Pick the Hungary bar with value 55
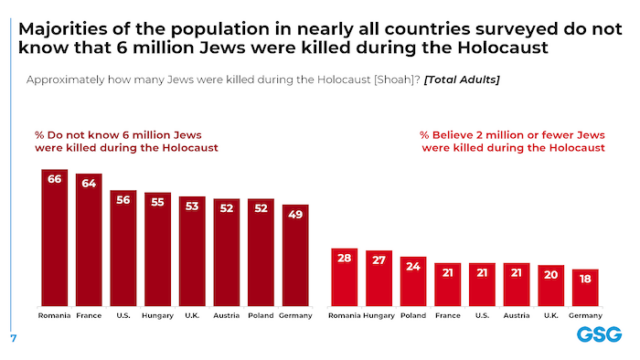[x=158, y=250]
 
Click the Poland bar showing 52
[x=261, y=252]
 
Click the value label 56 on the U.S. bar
[x=123, y=199]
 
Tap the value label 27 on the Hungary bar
[x=379, y=260]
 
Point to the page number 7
[x=13, y=338]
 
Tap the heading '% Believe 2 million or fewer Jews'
[x=512, y=135]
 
